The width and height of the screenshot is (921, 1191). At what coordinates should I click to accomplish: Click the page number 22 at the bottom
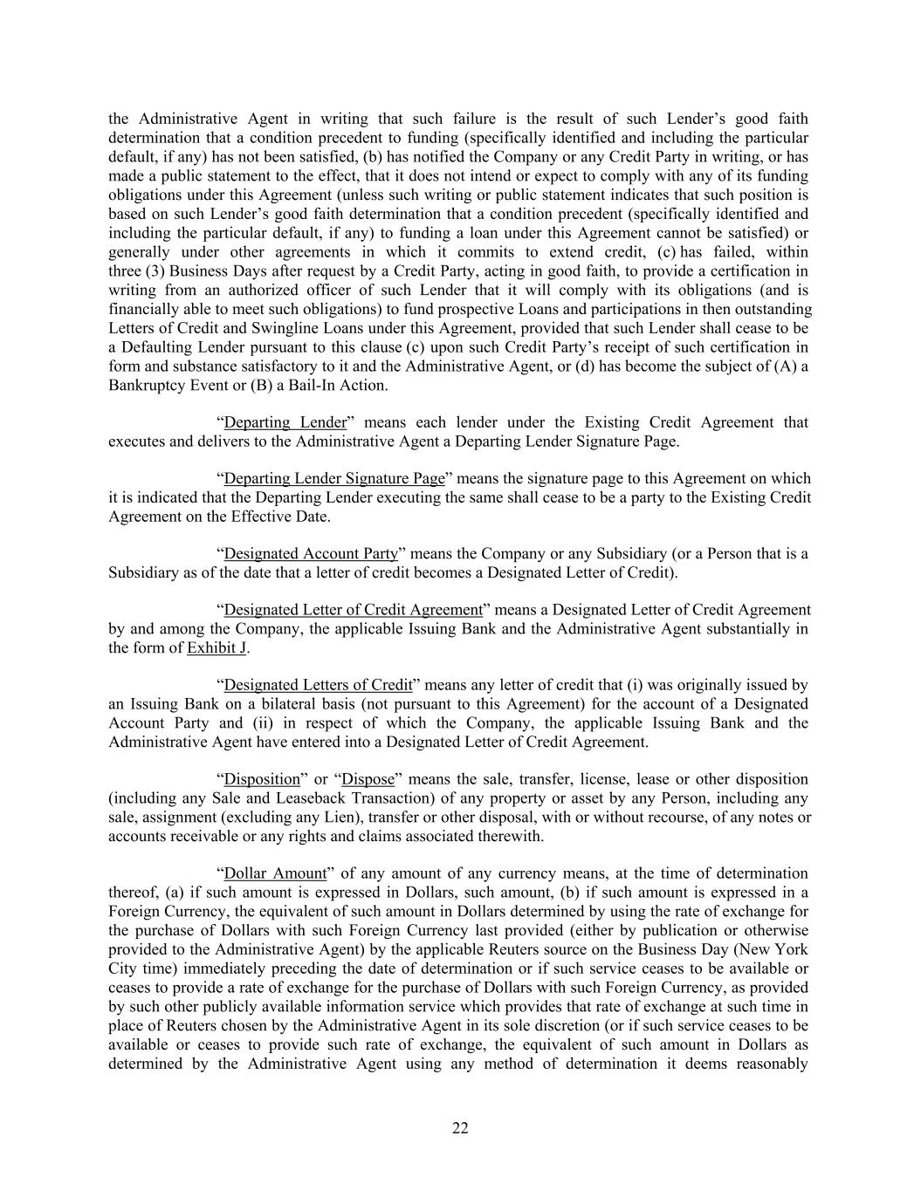coord(460,1128)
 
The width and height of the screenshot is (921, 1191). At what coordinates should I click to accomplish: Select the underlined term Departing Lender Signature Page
coord(334,478)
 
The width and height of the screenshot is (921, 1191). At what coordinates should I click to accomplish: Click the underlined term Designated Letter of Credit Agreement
coord(353,610)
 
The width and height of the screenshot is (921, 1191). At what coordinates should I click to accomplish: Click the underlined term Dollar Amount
coord(275,873)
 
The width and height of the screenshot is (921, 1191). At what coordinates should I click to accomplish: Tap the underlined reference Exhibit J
coord(217,648)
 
